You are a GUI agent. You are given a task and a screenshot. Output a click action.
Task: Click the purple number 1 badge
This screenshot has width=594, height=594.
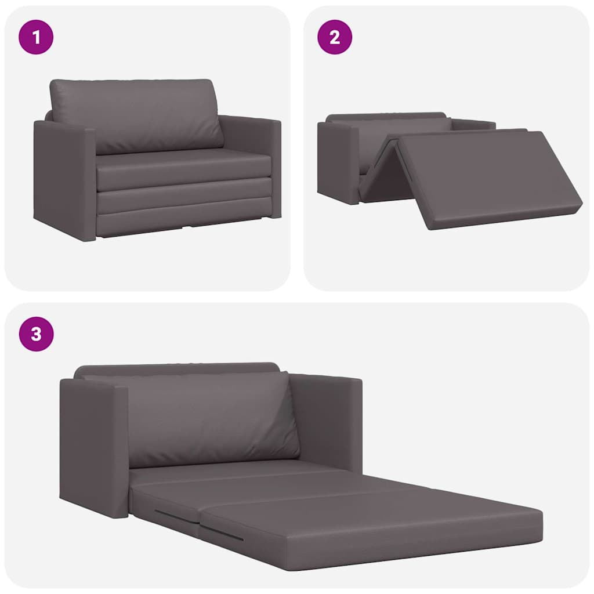coord(36,37)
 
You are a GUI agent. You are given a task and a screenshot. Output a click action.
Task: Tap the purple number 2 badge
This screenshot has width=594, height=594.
coord(334,37)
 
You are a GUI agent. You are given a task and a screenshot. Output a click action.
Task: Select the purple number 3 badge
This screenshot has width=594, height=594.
coord(36,334)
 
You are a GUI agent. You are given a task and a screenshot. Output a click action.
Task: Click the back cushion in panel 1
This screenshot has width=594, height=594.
coord(136,115)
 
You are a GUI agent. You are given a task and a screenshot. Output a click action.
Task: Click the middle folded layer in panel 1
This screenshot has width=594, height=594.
coord(183,197)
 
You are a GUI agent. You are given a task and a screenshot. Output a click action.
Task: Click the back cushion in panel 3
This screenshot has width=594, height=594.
coord(209,418)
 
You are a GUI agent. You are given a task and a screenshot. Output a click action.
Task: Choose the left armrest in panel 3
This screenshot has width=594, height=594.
coord(93,447)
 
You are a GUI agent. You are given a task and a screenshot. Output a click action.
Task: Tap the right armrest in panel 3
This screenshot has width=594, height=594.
coord(328,421)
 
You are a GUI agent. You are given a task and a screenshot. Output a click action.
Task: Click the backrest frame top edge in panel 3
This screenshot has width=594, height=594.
coord(174,368)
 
